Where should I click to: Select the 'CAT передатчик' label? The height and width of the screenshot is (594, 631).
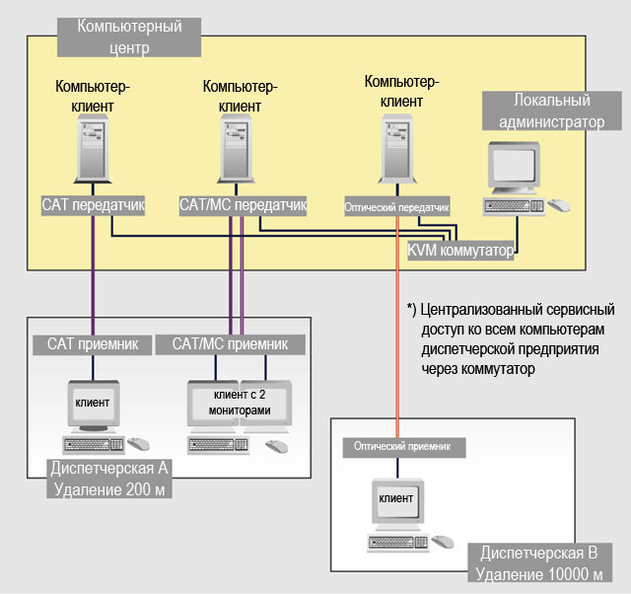[x=94, y=205]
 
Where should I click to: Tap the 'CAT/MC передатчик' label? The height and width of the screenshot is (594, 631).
[x=243, y=205]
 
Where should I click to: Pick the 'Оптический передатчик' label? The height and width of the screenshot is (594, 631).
[x=396, y=208]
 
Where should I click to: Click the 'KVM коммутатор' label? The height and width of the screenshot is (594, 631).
[x=461, y=251]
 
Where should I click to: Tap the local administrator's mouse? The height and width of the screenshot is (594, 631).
[x=559, y=206]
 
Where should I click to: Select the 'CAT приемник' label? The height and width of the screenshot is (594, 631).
[x=93, y=344]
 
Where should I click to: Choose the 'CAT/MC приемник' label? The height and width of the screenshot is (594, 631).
[x=230, y=344]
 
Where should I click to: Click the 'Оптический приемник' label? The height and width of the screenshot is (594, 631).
[x=402, y=447]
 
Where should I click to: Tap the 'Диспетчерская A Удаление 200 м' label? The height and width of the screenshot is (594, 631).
[x=109, y=477]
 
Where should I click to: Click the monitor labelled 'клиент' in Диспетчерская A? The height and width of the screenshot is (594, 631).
[x=94, y=404]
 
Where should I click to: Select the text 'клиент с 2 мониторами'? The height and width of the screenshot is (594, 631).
[x=241, y=403]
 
